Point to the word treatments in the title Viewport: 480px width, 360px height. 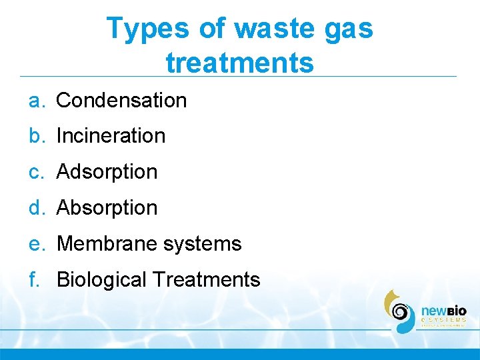click(239, 63)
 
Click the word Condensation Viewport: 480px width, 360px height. click(121, 101)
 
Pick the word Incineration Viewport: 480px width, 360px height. click(111, 136)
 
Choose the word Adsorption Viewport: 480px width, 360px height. click(107, 172)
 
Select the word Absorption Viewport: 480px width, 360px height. click(107, 208)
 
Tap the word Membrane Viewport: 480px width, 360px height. click(99, 244)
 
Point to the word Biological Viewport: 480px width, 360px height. click(101, 280)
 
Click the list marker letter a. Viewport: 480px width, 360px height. click(36, 101)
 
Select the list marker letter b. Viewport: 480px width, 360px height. click(36, 136)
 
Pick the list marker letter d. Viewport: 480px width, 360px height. click(36, 208)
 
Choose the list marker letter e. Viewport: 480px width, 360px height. click(36, 245)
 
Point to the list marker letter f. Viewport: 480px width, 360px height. click(35, 280)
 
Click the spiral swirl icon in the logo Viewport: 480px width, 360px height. click(401, 311)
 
